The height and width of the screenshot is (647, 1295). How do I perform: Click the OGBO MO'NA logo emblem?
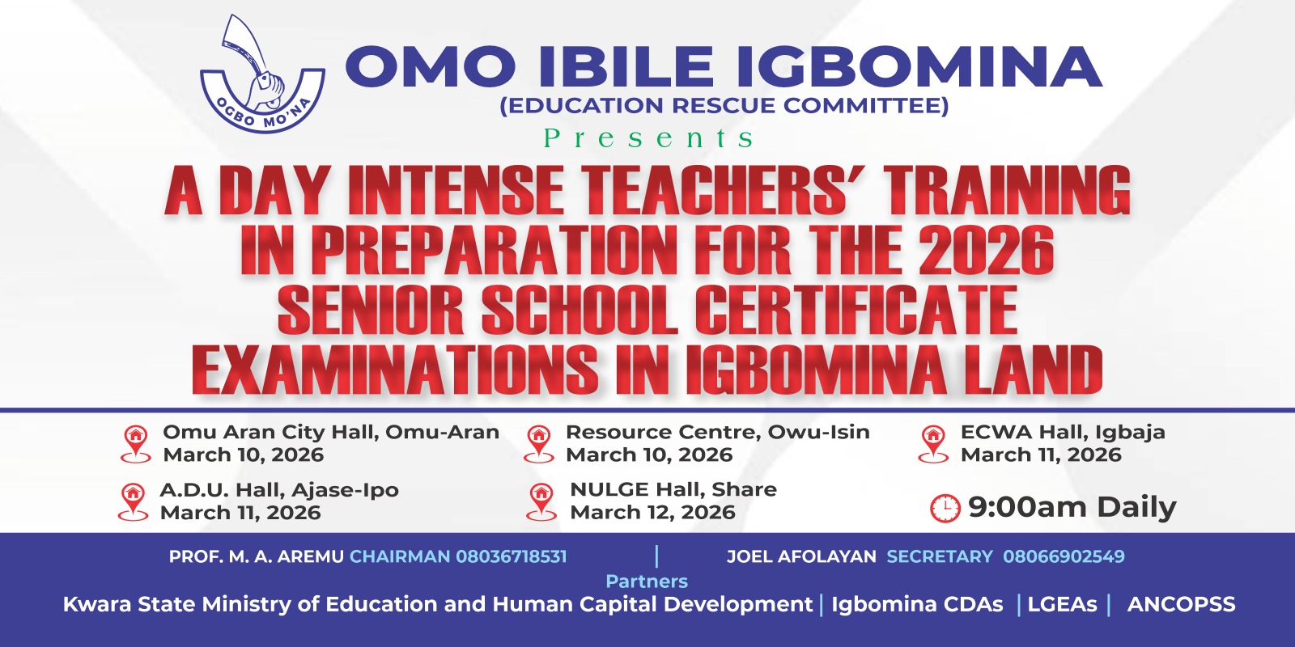tap(261, 77)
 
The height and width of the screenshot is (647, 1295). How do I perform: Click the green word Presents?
tap(648, 138)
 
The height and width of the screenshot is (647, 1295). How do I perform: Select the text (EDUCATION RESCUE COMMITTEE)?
tap(724, 106)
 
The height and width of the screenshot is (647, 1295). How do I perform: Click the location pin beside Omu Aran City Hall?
tap(135, 443)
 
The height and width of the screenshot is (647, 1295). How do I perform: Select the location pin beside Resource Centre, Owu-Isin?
tap(538, 443)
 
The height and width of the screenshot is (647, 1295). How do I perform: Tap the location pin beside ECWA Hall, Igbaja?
tap(933, 443)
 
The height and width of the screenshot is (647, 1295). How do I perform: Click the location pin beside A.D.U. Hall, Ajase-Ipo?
tap(133, 501)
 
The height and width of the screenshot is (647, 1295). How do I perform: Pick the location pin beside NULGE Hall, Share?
tap(541, 501)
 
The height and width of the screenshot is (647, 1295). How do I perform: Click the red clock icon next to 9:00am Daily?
tap(945, 508)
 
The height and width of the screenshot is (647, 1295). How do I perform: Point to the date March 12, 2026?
tap(652, 513)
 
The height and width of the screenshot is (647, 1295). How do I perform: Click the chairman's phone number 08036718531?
tap(512, 556)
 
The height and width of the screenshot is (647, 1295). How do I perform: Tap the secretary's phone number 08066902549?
tap(1064, 556)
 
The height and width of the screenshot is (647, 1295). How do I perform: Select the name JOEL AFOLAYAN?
tap(801, 556)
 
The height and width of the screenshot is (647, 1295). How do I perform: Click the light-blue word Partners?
tap(647, 581)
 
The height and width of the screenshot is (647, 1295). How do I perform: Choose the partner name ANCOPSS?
tap(1181, 604)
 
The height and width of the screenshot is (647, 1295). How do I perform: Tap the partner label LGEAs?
tap(1062, 604)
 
